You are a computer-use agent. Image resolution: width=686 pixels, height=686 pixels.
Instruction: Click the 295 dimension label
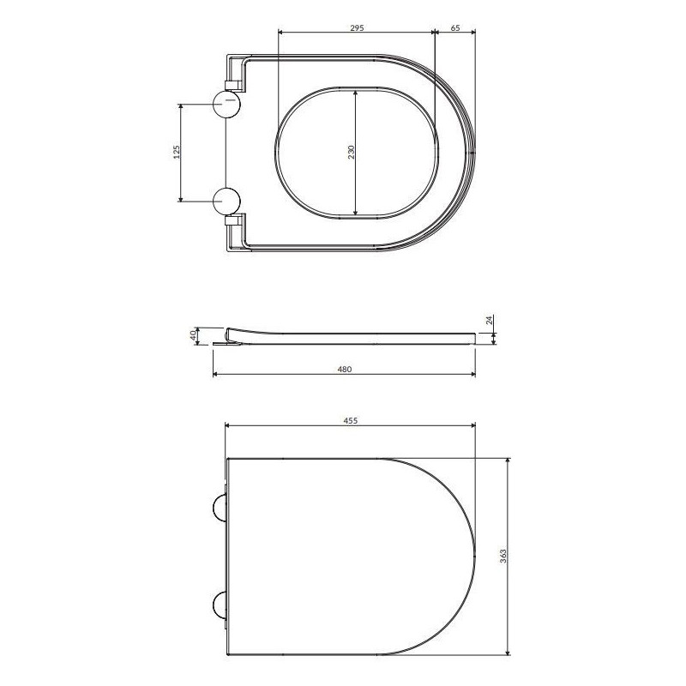pyautogui.click(x=357, y=28)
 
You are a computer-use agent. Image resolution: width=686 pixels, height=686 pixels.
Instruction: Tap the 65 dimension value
pyautogui.click(x=455, y=28)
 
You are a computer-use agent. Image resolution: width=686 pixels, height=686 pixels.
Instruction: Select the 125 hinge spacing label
pyautogui.click(x=178, y=152)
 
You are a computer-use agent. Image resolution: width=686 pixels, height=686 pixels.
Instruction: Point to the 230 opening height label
pyautogui.click(x=352, y=152)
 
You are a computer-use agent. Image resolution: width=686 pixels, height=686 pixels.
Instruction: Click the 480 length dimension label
pyautogui.click(x=346, y=370)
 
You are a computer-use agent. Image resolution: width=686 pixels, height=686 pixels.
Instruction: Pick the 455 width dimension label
pyautogui.click(x=351, y=420)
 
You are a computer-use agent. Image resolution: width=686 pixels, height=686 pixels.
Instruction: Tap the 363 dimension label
pyautogui.click(x=503, y=556)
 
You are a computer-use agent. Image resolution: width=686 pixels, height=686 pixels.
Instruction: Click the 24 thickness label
pyautogui.click(x=490, y=319)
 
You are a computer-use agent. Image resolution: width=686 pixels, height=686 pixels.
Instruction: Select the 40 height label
pyautogui.click(x=194, y=335)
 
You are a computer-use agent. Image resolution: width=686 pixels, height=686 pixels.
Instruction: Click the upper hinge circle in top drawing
pyautogui.click(x=226, y=105)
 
